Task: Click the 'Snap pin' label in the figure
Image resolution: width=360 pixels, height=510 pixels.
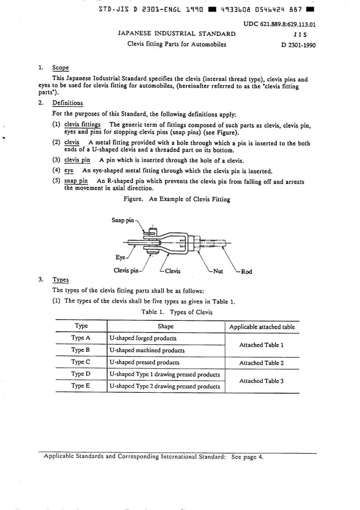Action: [x=123, y=220]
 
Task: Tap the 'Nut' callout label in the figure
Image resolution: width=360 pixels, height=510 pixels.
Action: [x=218, y=271]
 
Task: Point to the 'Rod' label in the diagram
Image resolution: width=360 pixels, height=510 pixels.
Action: [x=246, y=271]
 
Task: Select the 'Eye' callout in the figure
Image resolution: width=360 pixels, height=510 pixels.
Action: [x=120, y=257]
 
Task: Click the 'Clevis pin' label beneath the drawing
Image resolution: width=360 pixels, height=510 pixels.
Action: [x=126, y=270]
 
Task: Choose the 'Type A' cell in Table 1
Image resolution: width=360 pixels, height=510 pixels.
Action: [x=81, y=338]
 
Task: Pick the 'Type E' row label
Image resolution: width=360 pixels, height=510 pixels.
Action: [x=81, y=386]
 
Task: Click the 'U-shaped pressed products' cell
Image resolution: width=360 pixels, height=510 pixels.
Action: [x=144, y=362]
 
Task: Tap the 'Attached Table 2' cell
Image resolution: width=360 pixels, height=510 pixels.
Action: [x=261, y=363]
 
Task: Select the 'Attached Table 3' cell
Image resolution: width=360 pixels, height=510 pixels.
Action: [x=261, y=381]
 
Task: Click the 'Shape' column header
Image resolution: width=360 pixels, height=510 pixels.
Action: [x=166, y=326]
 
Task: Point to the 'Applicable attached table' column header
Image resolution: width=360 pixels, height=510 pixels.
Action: [x=262, y=326]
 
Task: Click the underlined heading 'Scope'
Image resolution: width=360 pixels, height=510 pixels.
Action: [x=61, y=68]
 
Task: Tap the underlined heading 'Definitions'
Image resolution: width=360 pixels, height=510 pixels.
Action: [x=67, y=103]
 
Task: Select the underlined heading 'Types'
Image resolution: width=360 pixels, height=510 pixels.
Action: [x=61, y=280]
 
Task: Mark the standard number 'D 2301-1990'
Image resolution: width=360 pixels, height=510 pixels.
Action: [x=298, y=45]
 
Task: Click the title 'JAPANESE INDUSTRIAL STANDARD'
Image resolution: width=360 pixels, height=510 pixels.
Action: [x=177, y=34]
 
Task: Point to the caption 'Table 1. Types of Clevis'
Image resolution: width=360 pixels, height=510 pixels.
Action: [x=177, y=312]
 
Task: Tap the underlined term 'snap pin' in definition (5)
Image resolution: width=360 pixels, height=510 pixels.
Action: [x=76, y=181]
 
